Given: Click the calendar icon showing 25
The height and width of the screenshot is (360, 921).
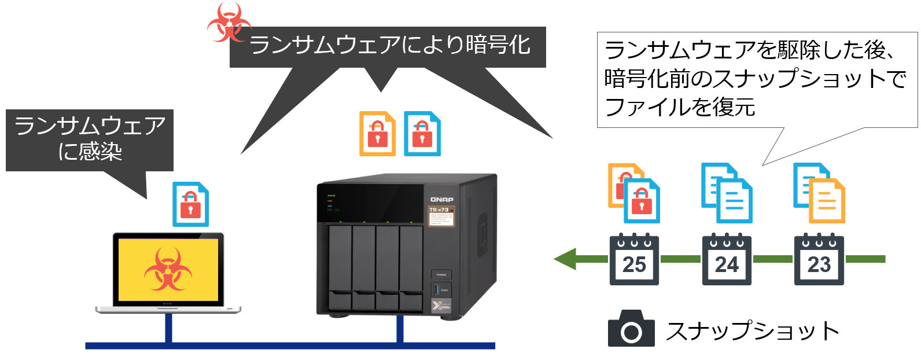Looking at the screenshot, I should point(634,259).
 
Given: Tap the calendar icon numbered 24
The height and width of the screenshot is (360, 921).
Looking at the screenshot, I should point(727,259).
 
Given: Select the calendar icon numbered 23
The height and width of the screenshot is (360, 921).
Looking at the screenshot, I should point(819,259).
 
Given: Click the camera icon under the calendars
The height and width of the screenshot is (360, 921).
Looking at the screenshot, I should point(631,328).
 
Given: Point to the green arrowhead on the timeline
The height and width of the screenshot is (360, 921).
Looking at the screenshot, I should point(565,259).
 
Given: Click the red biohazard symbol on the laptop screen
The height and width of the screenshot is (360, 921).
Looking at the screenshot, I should point(168,270).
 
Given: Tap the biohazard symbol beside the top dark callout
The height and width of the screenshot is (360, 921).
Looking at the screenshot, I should point(229,22).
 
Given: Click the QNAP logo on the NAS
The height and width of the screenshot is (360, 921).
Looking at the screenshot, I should point(441,200).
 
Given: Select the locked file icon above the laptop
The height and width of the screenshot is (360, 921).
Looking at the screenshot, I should point(190,204).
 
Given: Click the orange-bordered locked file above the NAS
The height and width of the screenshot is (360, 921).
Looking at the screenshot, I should point(377,134).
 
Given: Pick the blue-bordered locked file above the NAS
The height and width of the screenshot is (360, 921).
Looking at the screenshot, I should point(422,134).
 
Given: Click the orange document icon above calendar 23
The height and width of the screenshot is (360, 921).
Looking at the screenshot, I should point(827,201).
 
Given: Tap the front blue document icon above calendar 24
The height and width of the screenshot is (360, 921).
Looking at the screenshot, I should point(734,201).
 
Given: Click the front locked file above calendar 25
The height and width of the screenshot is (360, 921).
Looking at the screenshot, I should point(642,201).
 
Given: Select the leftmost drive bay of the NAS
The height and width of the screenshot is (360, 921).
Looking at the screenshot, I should point(340,267).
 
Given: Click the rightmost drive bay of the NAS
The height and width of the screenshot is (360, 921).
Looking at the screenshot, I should point(411,267).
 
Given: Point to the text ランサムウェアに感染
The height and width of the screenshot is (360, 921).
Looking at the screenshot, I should point(90,139).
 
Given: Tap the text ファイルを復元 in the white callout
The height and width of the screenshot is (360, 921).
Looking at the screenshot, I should point(680,107).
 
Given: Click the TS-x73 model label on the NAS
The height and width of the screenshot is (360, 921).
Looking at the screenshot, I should point(439,210).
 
